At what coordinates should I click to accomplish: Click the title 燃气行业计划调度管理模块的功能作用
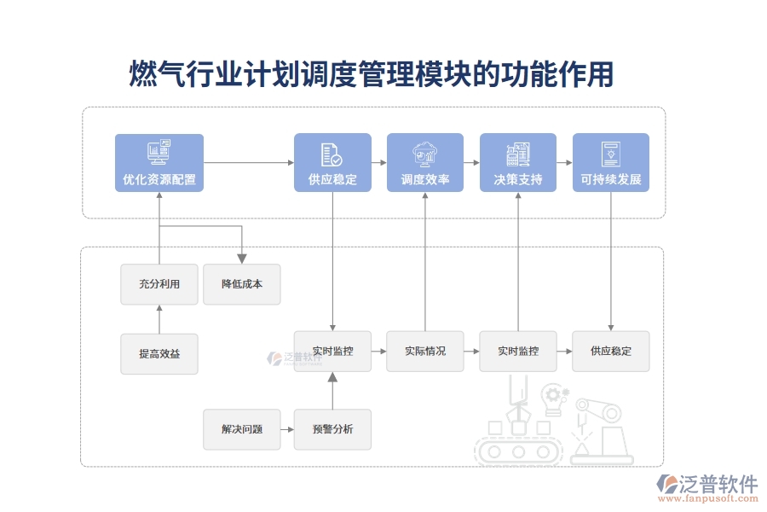click(371, 74)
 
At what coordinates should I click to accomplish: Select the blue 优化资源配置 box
click(159, 162)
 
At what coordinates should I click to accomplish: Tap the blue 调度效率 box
click(425, 162)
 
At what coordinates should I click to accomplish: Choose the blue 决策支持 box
click(518, 162)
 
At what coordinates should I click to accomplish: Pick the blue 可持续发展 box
click(610, 162)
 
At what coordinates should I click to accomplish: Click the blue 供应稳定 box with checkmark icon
click(332, 162)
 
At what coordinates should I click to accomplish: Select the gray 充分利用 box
click(159, 284)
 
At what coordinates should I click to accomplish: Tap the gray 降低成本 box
click(241, 284)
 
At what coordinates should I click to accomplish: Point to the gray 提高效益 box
click(159, 353)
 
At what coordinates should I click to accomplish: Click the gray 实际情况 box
click(425, 351)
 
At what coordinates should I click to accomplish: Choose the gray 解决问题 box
click(241, 429)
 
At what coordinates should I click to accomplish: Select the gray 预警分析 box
click(332, 429)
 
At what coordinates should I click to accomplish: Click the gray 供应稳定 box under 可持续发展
click(610, 351)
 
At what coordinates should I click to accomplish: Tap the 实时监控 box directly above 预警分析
click(332, 351)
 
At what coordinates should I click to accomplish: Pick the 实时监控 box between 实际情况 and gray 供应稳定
click(518, 351)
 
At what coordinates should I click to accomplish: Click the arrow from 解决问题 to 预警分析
click(287, 429)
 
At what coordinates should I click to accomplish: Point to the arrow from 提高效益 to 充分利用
click(159, 319)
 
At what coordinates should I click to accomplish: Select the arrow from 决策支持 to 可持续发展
click(564, 162)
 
